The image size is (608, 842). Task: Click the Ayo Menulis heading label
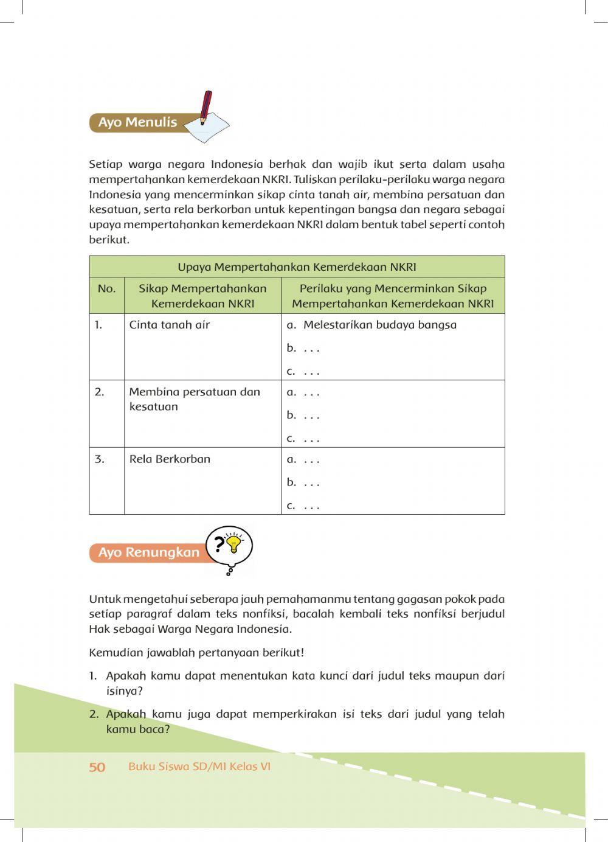tap(137, 122)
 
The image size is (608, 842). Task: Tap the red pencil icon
tap(206, 106)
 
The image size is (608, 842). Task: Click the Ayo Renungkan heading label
tap(148, 552)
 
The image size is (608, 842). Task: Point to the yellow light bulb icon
tap(233, 543)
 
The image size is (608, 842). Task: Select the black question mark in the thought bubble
tap(219, 543)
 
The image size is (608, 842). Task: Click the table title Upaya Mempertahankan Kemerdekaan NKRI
tap(297, 267)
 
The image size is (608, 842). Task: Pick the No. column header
tap(106, 289)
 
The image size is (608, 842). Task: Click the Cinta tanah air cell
tap(169, 325)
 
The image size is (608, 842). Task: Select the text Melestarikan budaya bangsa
tap(379, 325)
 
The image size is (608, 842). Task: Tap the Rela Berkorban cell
tap(170, 459)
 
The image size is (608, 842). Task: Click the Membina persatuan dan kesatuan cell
tap(194, 399)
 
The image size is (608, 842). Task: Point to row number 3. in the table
tap(99, 459)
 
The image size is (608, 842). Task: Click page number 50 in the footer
tap(97, 767)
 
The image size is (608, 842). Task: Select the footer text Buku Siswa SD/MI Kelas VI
tap(199, 767)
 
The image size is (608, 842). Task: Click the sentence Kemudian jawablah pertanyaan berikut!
tap(196, 653)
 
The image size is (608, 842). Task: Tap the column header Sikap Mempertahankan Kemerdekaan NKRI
tap(202, 296)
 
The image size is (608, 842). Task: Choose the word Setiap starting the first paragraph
tap(105, 164)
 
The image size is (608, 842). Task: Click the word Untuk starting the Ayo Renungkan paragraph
tap(104, 599)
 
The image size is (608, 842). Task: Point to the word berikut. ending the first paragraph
tap(109, 240)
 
